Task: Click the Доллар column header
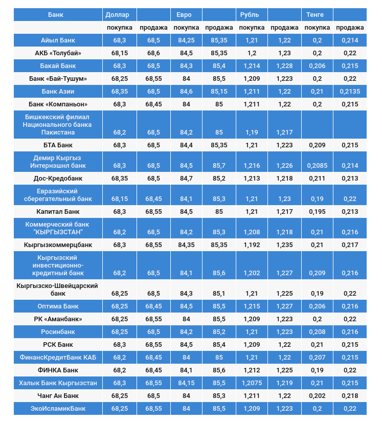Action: point(117,14)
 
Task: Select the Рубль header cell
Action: point(250,14)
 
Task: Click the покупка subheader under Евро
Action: point(186,28)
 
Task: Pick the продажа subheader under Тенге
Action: point(350,28)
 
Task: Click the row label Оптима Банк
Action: point(58,306)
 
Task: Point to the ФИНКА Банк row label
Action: point(58,370)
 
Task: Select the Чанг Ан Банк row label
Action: point(58,395)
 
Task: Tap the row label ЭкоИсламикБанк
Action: point(58,408)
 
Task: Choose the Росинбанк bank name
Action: point(58,331)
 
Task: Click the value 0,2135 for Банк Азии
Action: point(350,92)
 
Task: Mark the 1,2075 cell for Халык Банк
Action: point(252,383)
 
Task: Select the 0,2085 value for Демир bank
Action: point(317,166)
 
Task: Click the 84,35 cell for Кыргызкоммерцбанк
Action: point(186,245)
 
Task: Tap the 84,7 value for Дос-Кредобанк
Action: point(186,179)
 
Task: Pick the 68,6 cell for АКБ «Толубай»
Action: point(153,53)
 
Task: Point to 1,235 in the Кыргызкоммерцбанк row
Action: point(284,245)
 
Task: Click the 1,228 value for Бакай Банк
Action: point(284,66)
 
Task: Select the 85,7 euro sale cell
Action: point(219,166)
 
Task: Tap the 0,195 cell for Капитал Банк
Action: point(317,211)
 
